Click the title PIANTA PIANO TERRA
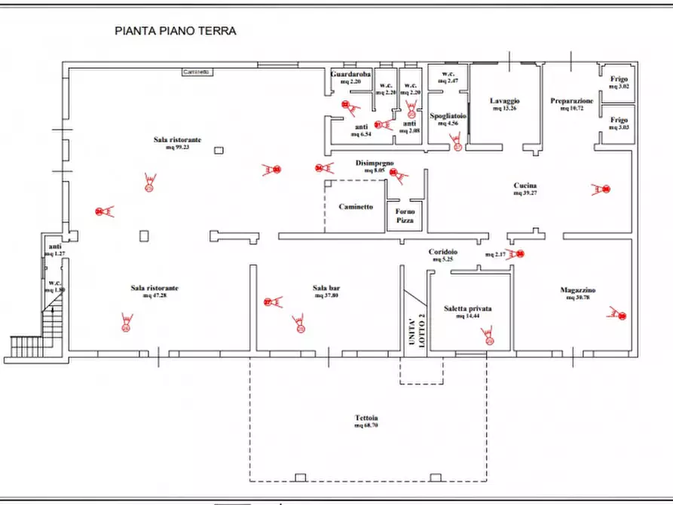tap(175, 31)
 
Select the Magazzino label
tap(578, 290)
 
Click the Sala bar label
tap(326, 287)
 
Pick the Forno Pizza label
tap(405, 216)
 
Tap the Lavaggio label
tap(504, 100)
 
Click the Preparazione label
tap(572, 100)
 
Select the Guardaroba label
tap(350, 75)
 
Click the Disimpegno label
tap(375, 163)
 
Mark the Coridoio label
tap(442, 252)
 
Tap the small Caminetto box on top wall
tap(196, 72)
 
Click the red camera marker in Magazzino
tap(618, 313)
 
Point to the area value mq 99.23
tap(178, 147)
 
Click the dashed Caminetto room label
tap(356, 206)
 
